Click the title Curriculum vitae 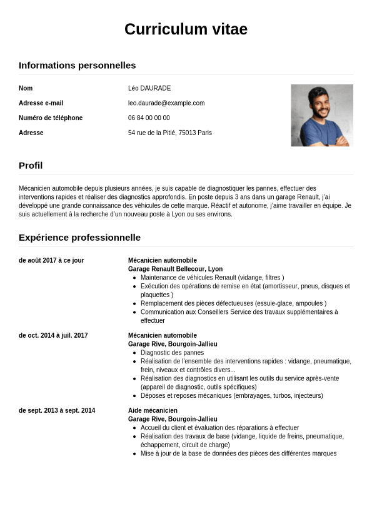click(186, 29)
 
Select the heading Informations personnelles click(77, 66)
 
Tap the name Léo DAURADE click(149, 88)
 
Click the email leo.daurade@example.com click(166, 103)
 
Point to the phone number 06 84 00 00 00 click(149, 118)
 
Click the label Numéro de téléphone click(51, 118)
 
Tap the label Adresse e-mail click(41, 103)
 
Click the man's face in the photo click(319, 103)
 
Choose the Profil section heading click(31, 166)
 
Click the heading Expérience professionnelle click(79, 238)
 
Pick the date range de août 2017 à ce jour click(51, 260)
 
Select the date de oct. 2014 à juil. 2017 click(53, 335)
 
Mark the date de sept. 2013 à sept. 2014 click(57, 410)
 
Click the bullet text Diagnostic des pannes click(172, 353)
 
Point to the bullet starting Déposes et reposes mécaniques click(231, 395)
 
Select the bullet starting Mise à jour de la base click(238, 453)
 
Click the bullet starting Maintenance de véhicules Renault click(212, 278)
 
